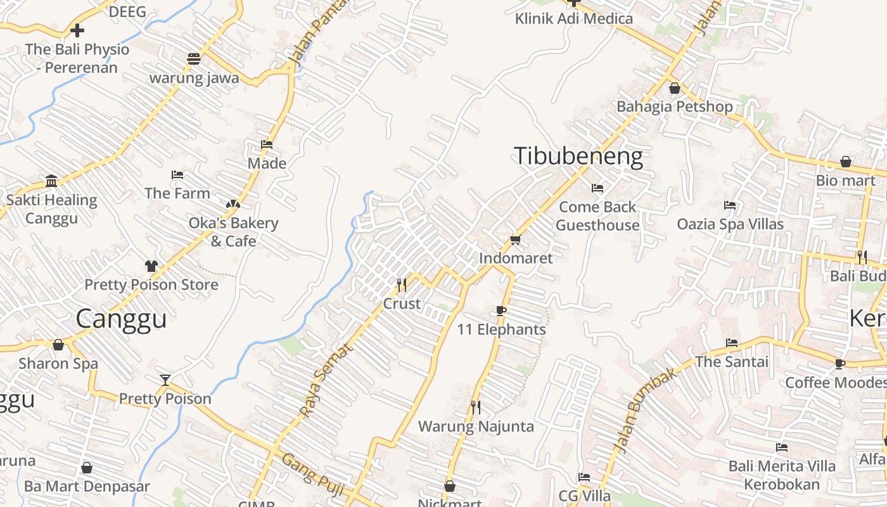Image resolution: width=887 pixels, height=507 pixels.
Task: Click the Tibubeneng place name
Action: point(578,156)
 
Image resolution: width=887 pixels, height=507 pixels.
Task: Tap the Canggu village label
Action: point(121,319)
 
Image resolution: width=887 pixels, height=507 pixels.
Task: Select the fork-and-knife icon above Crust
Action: point(402,285)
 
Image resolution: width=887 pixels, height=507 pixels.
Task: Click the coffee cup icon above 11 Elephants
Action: point(501,311)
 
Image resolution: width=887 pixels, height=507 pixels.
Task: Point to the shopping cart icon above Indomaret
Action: point(515,240)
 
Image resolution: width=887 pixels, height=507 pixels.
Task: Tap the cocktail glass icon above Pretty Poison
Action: point(165,380)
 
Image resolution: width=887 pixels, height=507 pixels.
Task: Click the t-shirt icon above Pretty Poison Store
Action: point(151,266)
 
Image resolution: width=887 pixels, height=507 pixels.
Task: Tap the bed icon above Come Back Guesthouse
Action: point(597,188)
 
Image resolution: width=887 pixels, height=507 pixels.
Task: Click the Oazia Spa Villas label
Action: point(730,224)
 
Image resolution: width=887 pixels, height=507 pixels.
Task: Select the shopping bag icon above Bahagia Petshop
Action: point(675,88)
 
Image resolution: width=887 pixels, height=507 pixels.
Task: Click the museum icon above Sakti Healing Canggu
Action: point(52,181)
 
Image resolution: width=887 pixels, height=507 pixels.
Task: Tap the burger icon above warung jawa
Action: point(194,59)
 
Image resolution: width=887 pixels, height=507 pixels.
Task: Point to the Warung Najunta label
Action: point(476,427)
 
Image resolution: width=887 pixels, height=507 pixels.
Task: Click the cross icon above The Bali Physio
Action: point(77,30)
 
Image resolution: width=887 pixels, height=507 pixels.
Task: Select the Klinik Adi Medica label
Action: point(573,18)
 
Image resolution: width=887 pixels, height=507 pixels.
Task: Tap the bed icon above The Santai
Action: point(732,343)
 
